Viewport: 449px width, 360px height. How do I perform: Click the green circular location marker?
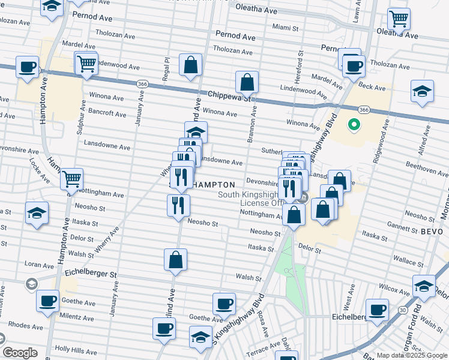pos(354,125)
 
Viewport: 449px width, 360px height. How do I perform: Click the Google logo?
pos(20,353)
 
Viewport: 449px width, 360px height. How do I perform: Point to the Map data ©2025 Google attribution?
pos(412,355)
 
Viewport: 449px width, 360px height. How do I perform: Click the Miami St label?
pos(285,28)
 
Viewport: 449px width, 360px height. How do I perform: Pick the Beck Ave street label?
pos(371,88)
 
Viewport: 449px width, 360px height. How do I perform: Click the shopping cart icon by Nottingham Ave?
pos(71,178)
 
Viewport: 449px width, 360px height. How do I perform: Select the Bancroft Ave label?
pos(107,113)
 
